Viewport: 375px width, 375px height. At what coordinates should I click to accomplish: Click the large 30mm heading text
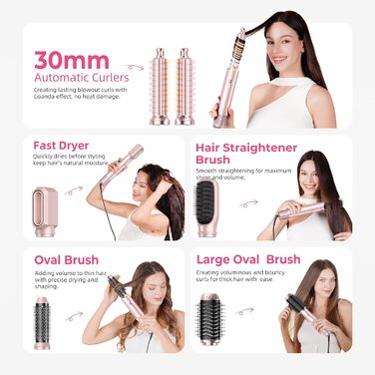click(72, 59)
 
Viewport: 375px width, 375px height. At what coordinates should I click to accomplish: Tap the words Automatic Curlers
click(78, 77)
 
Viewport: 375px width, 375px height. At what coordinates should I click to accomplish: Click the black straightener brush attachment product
click(208, 206)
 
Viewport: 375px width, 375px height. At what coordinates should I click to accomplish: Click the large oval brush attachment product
click(210, 319)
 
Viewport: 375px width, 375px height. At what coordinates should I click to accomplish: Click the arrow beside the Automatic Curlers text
click(134, 68)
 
